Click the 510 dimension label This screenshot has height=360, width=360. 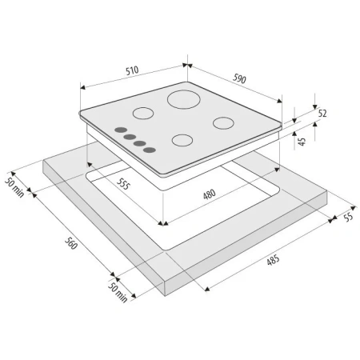tap(132, 70)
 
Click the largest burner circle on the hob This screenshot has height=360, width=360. tap(182, 103)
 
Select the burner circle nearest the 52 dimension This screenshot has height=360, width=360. tap(223, 124)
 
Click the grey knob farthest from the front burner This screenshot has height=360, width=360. tap(119, 131)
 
